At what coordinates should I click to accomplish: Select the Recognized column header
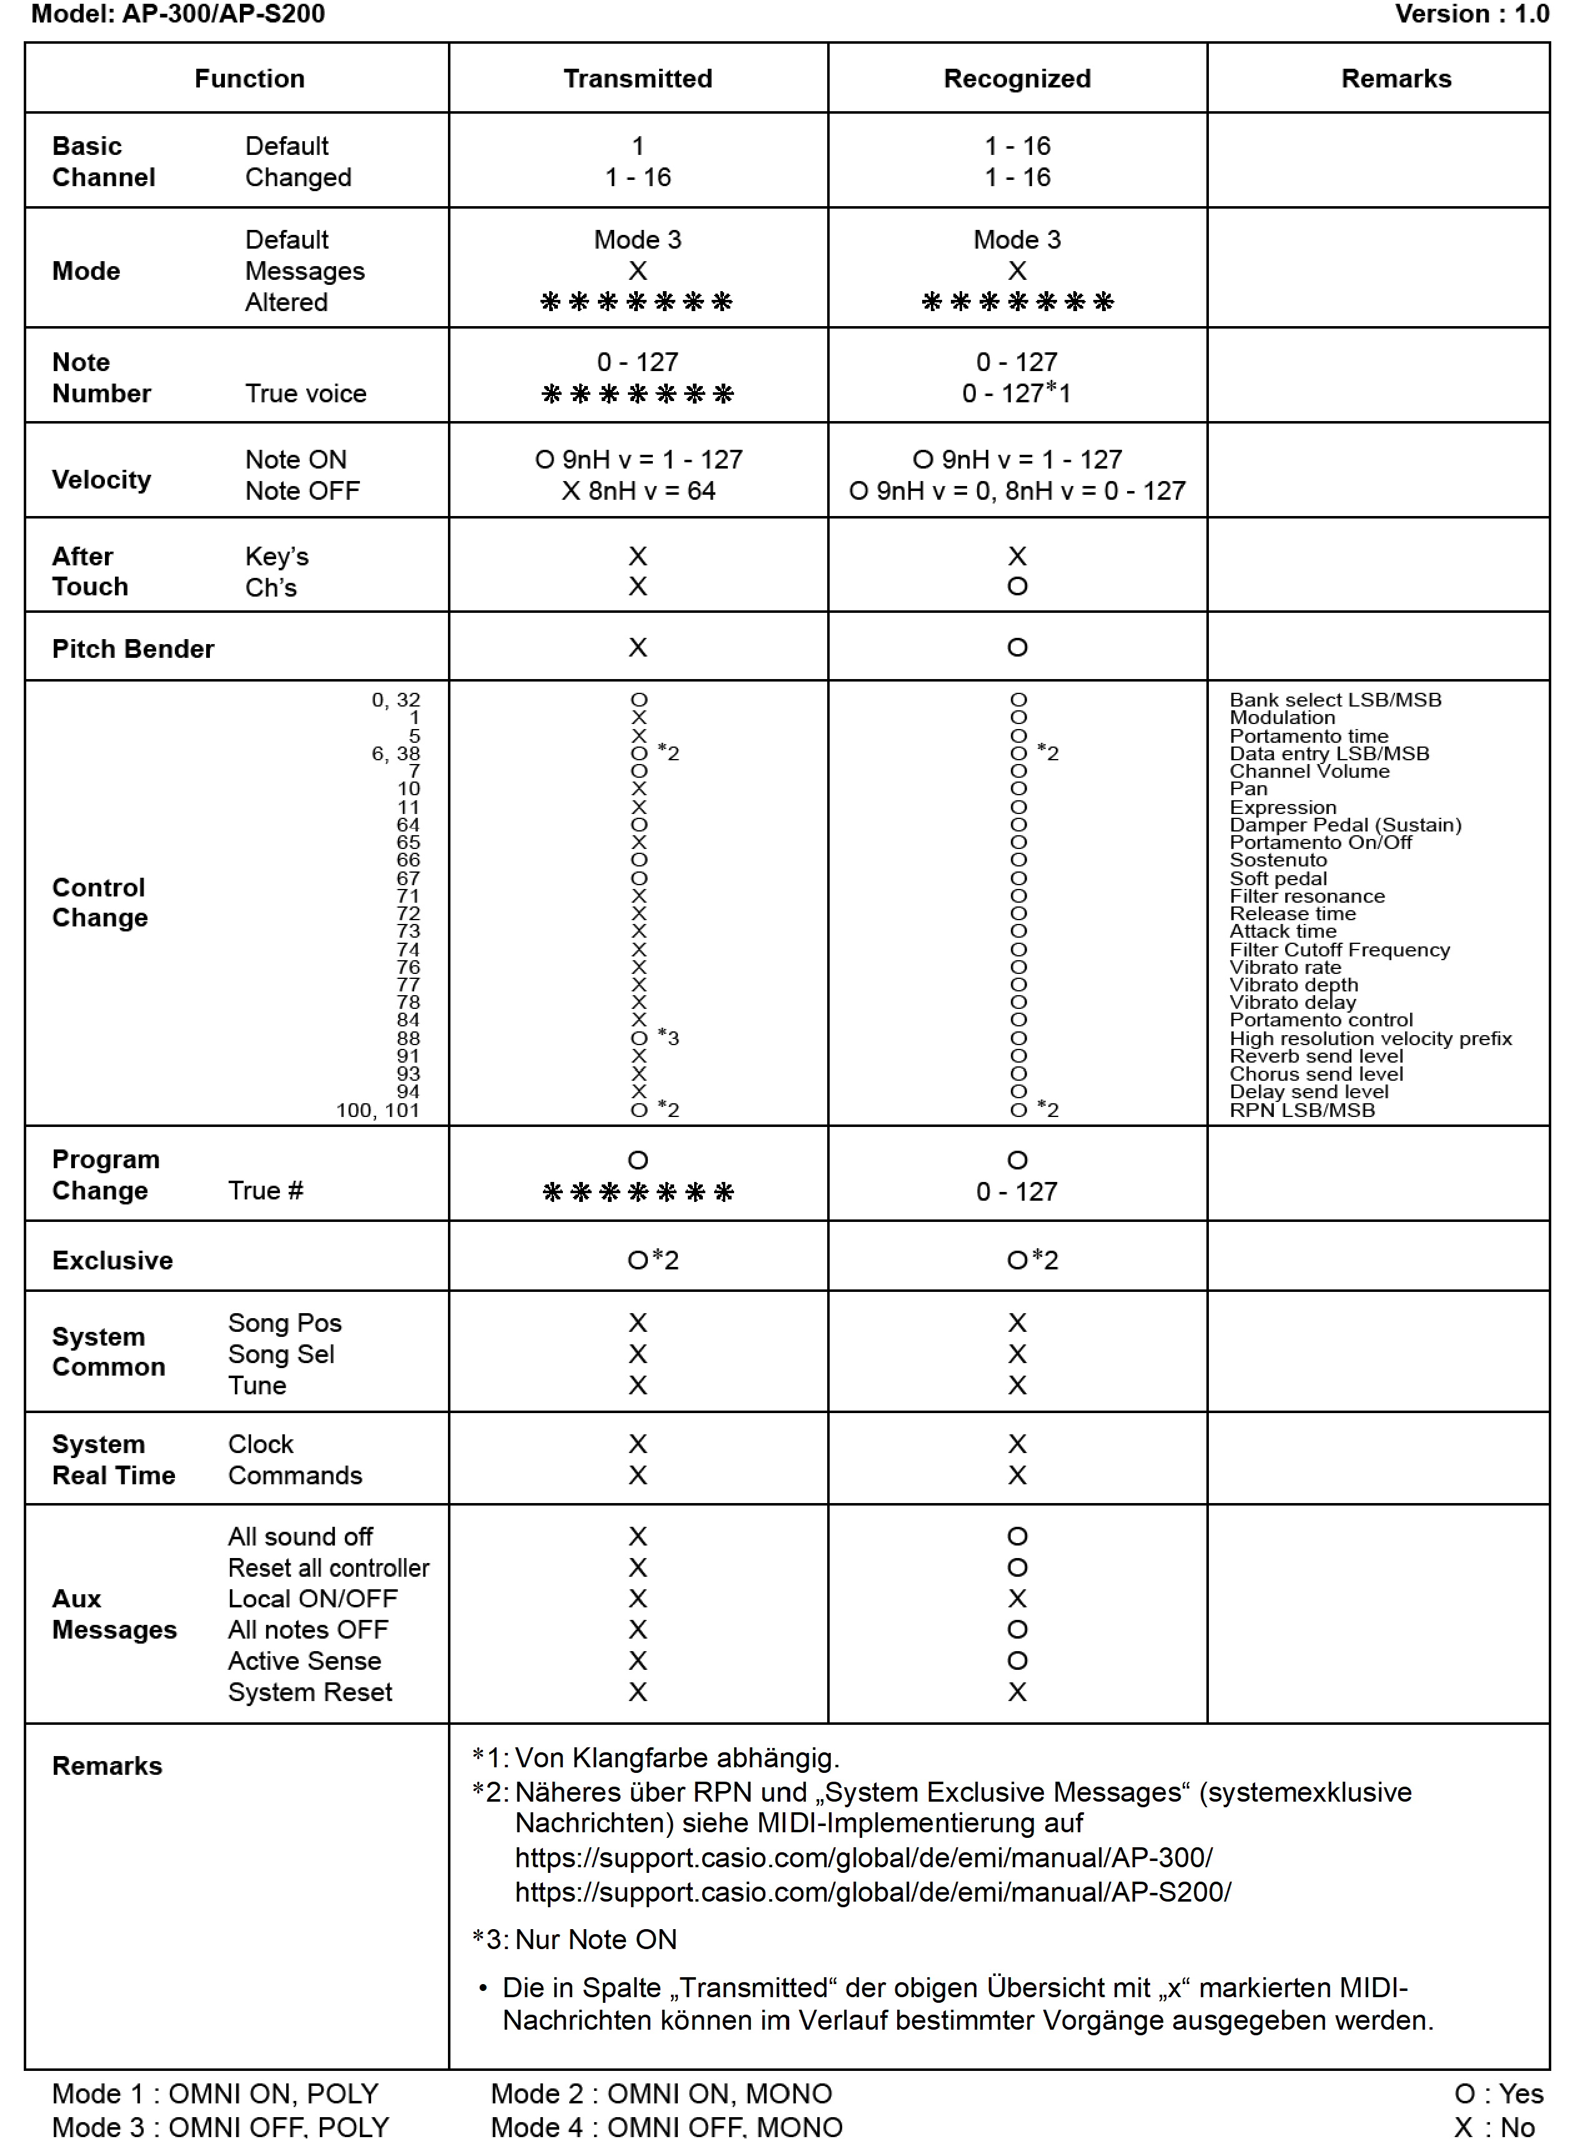click(x=1016, y=78)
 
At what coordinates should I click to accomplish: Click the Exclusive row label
click(x=112, y=1260)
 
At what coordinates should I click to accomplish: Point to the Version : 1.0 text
click(x=1471, y=14)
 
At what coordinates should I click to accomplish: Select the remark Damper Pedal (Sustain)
click(x=1344, y=825)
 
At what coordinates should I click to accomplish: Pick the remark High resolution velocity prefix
click(x=1370, y=1038)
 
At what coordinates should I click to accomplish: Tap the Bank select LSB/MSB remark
click(x=1334, y=700)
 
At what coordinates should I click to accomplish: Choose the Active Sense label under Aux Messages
click(x=304, y=1660)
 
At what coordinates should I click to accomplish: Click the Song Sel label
click(x=281, y=1354)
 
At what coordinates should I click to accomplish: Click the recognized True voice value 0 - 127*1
click(x=1016, y=393)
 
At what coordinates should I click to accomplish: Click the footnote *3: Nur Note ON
click(x=574, y=1939)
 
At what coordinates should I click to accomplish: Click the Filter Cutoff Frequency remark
click(x=1339, y=950)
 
